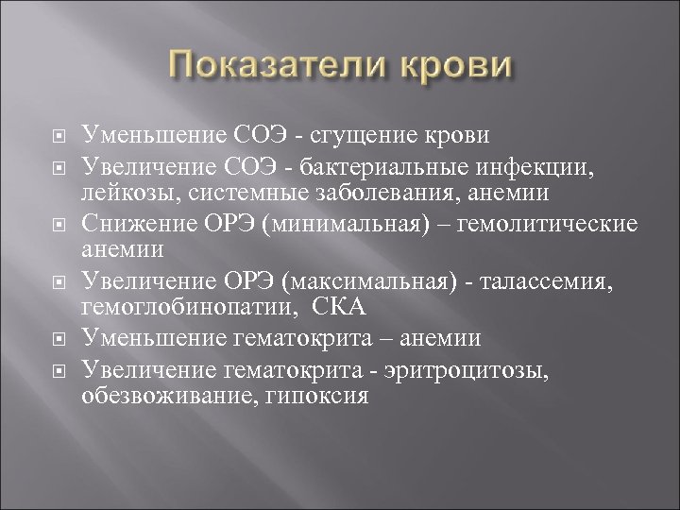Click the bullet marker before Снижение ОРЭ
coord(56,229)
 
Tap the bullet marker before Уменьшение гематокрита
coord(56,337)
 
